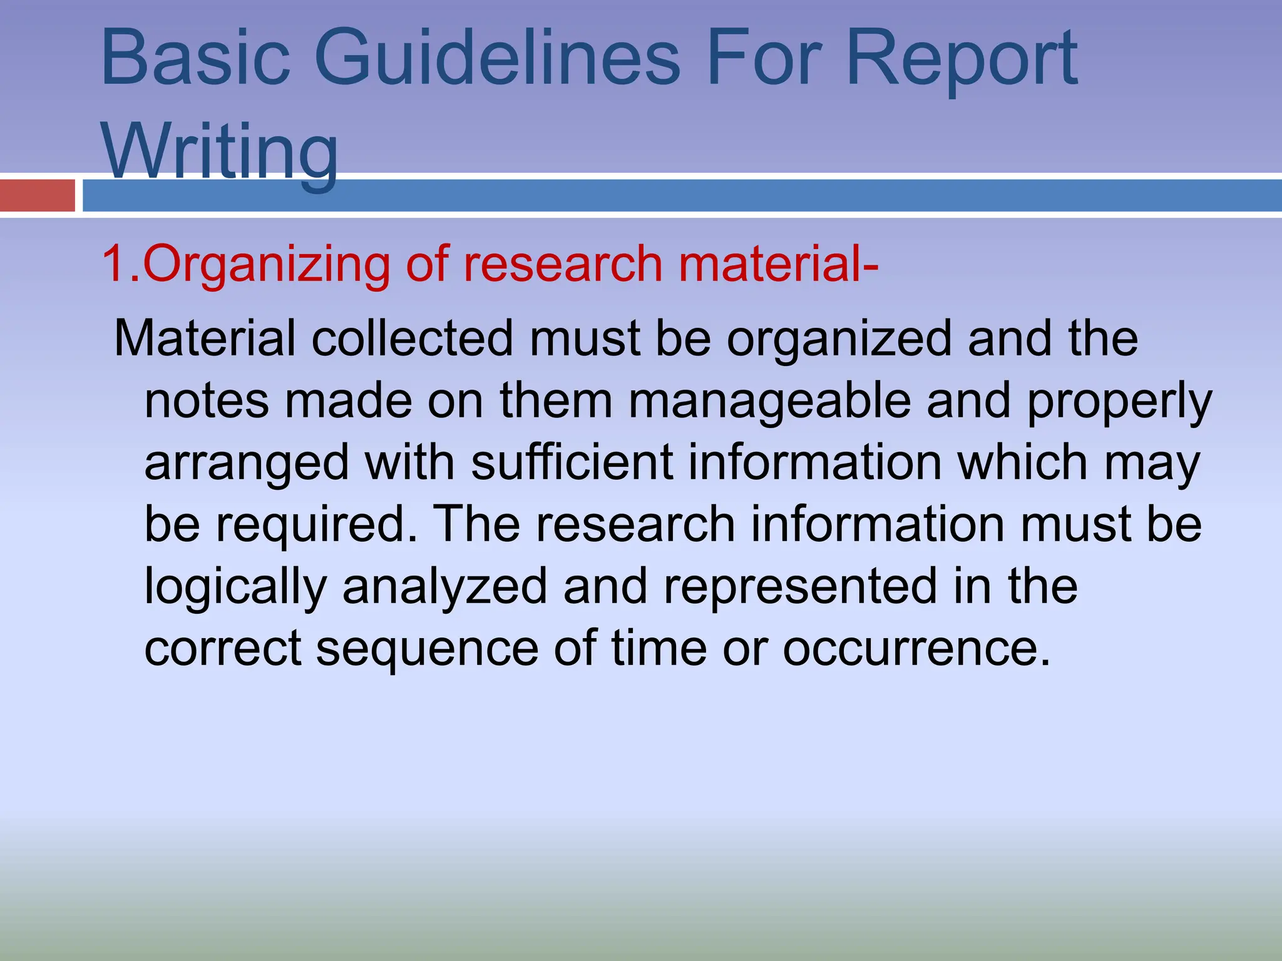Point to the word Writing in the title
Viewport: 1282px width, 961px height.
click(220, 151)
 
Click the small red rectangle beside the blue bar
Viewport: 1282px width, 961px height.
click(37, 195)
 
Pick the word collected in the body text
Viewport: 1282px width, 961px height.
click(412, 338)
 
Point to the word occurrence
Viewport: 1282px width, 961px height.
click(916, 649)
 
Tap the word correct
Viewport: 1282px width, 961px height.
click(223, 649)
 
